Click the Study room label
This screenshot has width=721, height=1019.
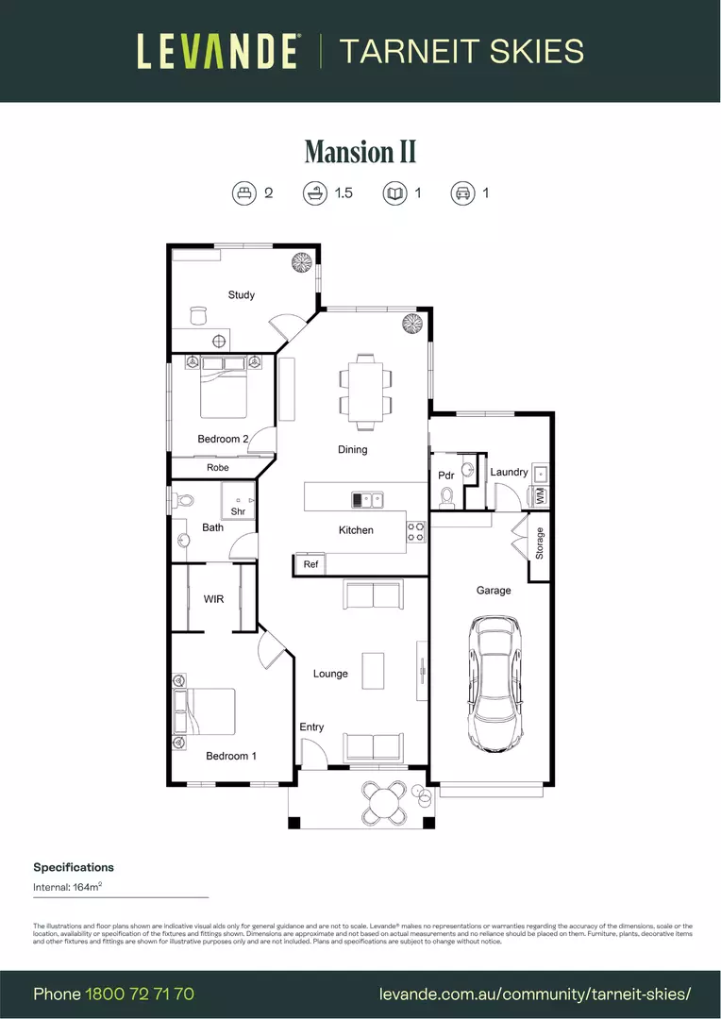coord(242,295)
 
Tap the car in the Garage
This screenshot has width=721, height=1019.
coord(496,683)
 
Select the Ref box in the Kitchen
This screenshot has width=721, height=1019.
coord(310,564)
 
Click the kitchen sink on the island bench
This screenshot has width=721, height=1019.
coord(366,499)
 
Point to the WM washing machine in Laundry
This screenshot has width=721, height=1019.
coord(540,494)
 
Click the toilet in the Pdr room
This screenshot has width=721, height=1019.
coord(447,495)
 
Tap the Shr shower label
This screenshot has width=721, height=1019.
coord(238,511)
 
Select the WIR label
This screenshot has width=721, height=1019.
coord(214,599)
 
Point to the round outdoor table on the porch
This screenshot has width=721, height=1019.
coord(385,803)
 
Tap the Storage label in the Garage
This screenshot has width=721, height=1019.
coord(540,543)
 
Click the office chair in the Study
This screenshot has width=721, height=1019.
coord(198,315)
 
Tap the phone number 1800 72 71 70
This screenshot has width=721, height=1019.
coord(140,994)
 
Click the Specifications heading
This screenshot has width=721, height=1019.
coord(74,867)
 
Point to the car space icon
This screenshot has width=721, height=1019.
coord(462,193)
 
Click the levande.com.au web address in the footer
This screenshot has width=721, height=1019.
coord(535,994)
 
